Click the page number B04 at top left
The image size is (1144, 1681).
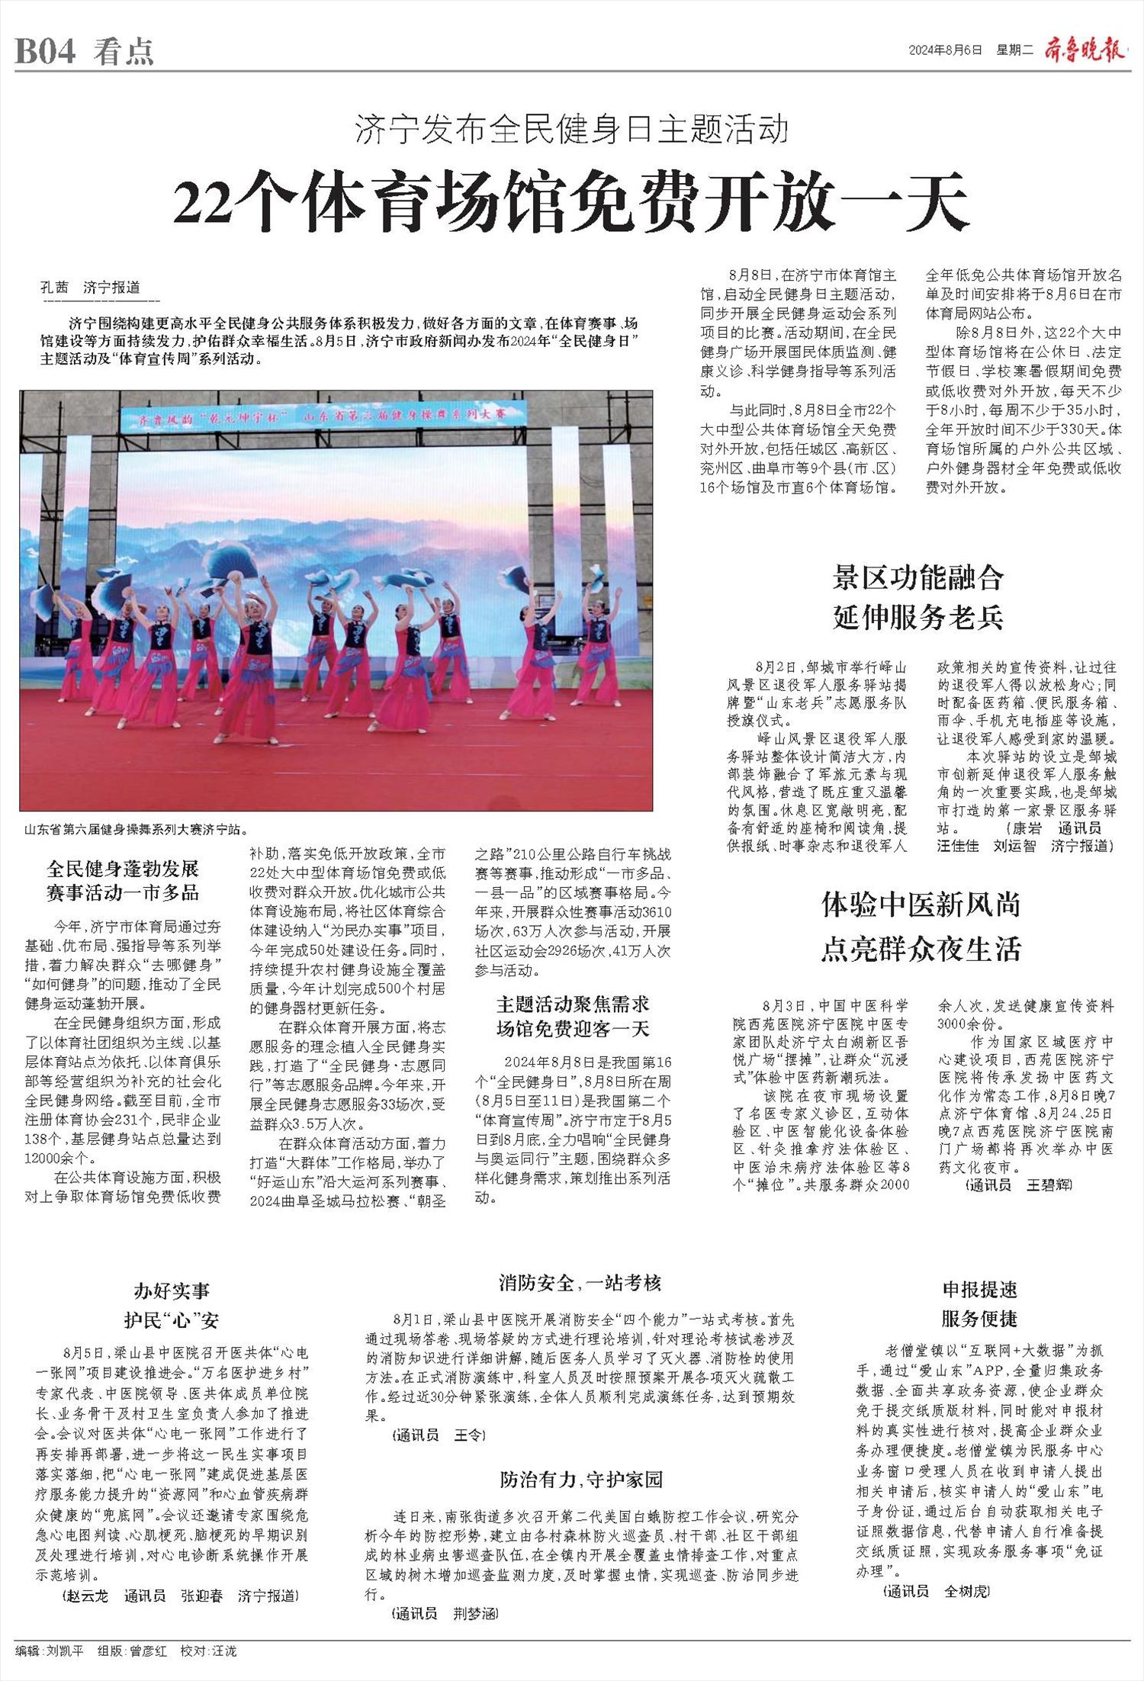point(46,52)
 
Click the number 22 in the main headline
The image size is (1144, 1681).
point(202,204)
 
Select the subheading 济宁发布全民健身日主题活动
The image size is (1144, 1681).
point(571,130)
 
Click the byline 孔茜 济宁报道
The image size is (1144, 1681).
point(90,288)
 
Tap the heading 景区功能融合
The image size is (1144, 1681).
point(917,578)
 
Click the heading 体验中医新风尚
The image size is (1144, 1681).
point(921,905)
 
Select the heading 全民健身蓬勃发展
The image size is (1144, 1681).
point(123,869)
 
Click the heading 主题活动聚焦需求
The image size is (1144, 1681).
point(573,1004)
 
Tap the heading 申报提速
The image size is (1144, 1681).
point(979,1290)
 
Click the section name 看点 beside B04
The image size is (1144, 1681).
point(124,52)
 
